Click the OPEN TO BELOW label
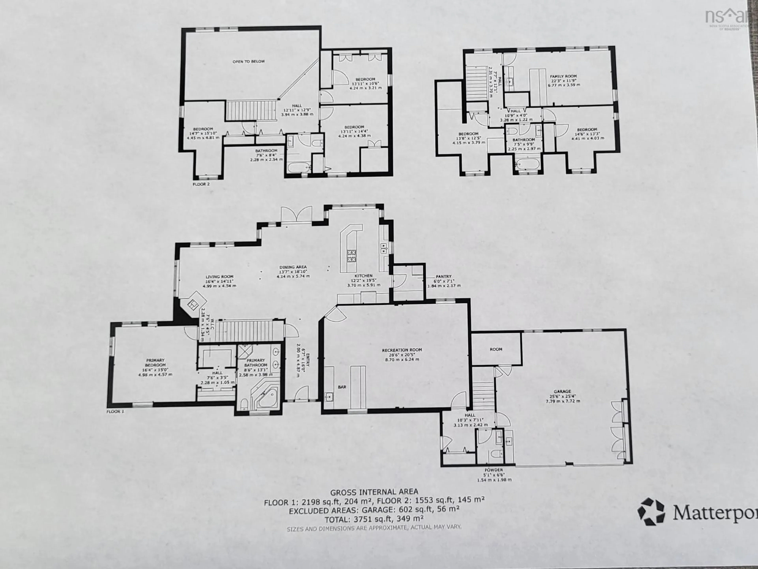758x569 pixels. pyautogui.click(x=249, y=62)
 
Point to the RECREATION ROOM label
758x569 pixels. pyautogui.click(x=402, y=350)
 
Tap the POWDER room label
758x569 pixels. pyautogui.click(x=494, y=470)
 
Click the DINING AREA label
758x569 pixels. pyautogui.click(x=293, y=267)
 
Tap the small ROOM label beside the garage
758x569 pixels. pyautogui.click(x=496, y=349)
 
